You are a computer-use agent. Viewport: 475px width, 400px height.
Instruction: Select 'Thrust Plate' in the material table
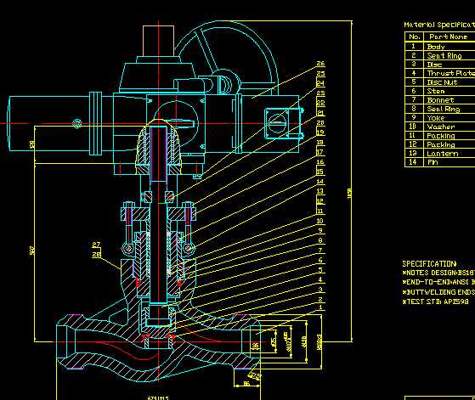450,73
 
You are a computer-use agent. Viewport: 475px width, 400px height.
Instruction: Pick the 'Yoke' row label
435,118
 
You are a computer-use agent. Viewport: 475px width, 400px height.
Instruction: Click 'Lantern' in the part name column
442,154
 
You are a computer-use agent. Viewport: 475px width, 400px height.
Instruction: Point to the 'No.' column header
414,37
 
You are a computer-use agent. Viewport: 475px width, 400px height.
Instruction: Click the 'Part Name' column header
449,37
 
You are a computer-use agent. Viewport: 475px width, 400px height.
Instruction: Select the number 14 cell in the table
414,162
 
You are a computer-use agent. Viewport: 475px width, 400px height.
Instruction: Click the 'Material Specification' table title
438,25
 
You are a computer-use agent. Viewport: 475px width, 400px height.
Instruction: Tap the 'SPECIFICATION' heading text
428,264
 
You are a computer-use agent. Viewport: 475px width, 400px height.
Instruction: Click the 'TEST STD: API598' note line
438,301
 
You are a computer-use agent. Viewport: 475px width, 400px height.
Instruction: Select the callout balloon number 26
320,64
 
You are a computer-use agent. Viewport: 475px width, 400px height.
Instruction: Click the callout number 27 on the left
96,245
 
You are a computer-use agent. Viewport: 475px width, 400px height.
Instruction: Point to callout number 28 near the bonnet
96,254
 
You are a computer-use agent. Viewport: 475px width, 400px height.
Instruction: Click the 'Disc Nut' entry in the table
442,82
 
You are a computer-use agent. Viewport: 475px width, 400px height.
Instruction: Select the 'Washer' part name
440,127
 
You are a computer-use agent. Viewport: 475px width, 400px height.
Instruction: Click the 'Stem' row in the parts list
435,91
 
